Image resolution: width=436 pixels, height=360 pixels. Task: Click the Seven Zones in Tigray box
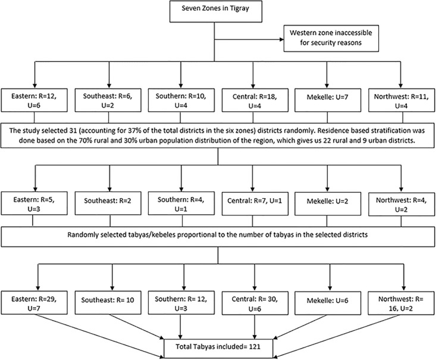click(216, 11)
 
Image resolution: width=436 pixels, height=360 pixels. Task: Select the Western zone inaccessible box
click(331, 39)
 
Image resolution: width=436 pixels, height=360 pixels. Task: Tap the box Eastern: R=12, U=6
click(34, 100)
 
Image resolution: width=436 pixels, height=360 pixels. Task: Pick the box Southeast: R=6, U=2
click(108, 100)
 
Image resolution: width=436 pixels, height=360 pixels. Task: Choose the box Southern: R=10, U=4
click(181, 100)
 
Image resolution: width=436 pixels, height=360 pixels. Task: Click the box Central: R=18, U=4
click(255, 100)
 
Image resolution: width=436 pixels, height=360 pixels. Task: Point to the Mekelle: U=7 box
click(328, 100)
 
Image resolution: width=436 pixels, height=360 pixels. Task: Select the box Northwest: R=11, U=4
click(402, 100)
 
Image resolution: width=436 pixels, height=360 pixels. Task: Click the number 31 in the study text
click(70, 130)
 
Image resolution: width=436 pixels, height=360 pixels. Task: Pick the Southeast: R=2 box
click(108, 204)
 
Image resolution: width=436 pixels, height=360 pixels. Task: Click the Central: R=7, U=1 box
click(255, 204)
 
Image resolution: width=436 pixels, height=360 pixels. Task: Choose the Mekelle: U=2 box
click(328, 204)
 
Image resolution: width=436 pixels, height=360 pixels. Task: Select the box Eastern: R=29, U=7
click(34, 303)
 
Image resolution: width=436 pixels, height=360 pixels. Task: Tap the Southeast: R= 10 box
click(108, 303)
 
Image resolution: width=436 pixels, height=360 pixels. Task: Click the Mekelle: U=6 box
click(328, 303)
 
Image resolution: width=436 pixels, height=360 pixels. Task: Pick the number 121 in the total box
click(255, 347)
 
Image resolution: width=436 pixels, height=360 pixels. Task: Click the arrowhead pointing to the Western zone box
click(281, 39)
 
